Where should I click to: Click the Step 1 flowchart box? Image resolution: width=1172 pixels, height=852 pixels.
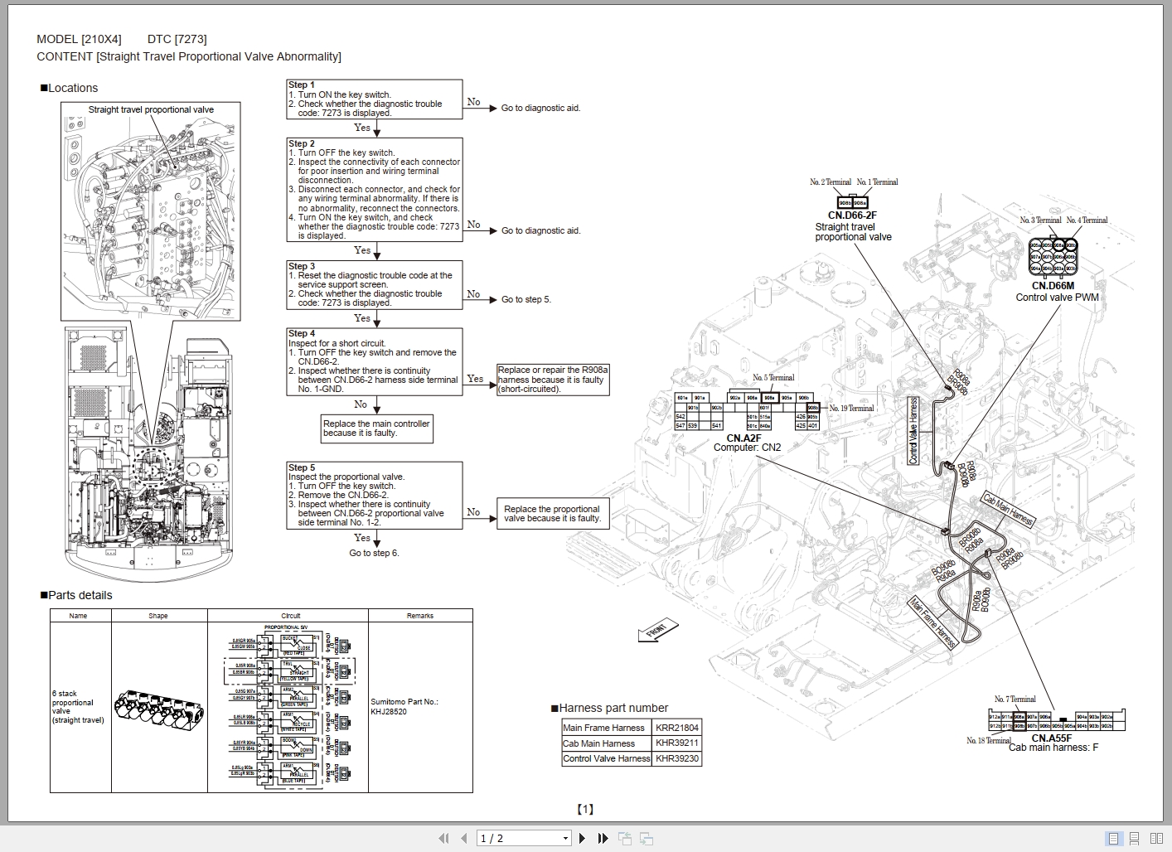[x=374, y=99]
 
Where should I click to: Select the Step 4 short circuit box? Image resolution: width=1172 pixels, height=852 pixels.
[x=374, y=361]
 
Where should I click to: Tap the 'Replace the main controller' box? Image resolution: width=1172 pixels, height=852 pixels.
[x=377, y=428]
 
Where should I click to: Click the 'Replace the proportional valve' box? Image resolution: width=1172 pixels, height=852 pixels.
[x=552, y=514]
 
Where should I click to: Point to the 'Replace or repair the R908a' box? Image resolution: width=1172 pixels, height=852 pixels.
[x=553, y=380]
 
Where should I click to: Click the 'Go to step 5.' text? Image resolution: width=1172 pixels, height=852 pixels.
[x=525, y=299]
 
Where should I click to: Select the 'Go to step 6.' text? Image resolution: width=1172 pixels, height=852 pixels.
[x=374, y=553]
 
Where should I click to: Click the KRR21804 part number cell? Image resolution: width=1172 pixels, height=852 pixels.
[x=677, y=728]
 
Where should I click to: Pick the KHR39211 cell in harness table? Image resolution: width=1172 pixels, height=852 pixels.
[x=677, y=743]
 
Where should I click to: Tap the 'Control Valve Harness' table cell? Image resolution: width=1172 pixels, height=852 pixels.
[x=607, y=758]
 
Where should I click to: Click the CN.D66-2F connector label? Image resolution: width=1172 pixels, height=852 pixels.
[x=852, y=215]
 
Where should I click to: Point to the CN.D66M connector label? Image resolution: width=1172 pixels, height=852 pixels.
[x=1053, y=286]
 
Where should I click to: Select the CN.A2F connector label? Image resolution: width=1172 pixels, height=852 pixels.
[x=743, y=438]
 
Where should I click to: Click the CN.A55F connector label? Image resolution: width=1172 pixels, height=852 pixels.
[x=1051, y=738]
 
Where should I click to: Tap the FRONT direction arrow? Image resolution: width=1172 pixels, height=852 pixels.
[x=658, y=631]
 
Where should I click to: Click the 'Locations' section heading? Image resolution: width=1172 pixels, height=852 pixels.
[x=73, y=88]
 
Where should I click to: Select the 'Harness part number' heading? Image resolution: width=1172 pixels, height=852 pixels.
[x=613, y=708]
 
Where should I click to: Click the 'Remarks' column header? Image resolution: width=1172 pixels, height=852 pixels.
[x=420, y=616]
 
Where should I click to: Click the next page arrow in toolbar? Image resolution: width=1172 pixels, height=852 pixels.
[x=583, y=839]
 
